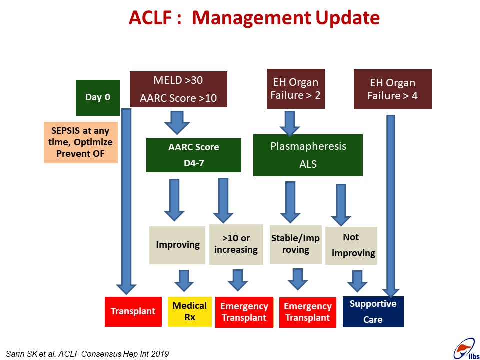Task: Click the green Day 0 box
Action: (x=98, y=98)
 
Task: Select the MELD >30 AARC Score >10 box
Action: (x=179, y=89)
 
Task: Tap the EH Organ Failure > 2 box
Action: (x=295, y=89)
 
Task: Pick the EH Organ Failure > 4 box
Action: (x=393, y=89)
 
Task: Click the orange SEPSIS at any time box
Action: (x=81, y=142)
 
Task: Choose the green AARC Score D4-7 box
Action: (x=194, y=155)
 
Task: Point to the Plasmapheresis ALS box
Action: (x=308, y=155)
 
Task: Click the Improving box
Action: (x=177, y=245)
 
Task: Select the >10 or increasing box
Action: (x=236, y=244)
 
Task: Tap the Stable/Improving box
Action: (x=295, y=244)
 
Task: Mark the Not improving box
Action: (x=351, y=246)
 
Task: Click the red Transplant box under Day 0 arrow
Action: (x=133, y=311)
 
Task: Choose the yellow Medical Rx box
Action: (x=190, y=311)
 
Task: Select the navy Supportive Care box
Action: (x=373, y=311)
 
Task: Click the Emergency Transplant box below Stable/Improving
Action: (x=308, y=312)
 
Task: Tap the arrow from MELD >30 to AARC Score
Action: (x=177, y=123)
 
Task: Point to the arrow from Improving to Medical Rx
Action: (x=184, y=281)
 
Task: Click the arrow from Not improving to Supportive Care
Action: (x=357, y=281)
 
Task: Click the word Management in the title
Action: (x=251, y=18)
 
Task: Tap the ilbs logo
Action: (x=466, y=349)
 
